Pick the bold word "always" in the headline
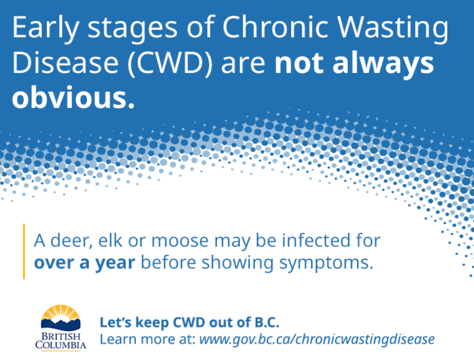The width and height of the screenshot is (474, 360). [x=388, y=63]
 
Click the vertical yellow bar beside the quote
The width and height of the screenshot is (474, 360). [x=24, y=251]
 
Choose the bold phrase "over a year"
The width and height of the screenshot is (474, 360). [x=84, y=262]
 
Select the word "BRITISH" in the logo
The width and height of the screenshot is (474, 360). [x=61, y=337]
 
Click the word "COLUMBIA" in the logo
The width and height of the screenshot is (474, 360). [x=61, y=346]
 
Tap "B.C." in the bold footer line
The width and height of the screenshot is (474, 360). [x=264, y=323]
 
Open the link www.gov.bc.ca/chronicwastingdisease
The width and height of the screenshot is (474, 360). [x=316, y=338]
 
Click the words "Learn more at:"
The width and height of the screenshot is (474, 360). [x=147, y=338]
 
